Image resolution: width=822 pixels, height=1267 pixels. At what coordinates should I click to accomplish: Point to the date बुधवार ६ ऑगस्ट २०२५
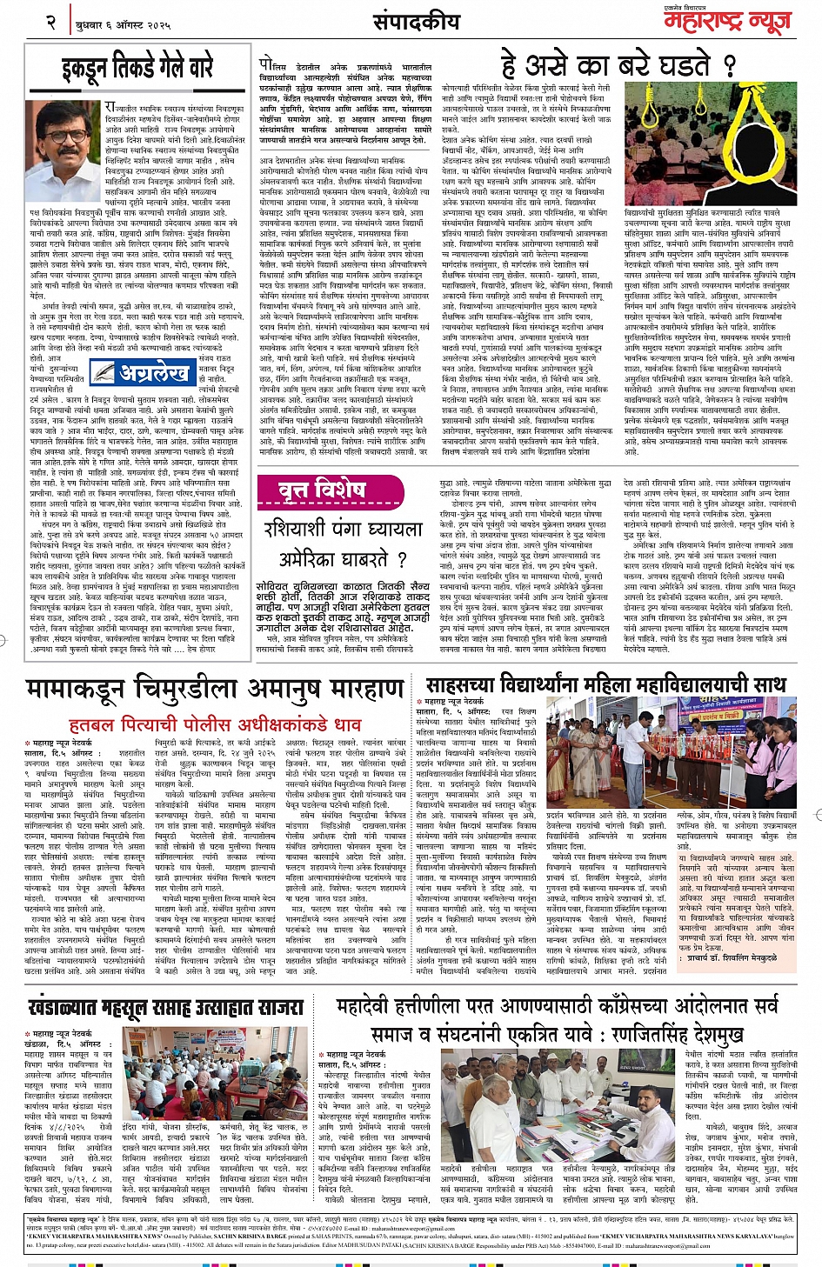[x=123, y=25]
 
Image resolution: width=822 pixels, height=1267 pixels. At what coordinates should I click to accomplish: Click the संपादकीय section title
[x=416, y=22]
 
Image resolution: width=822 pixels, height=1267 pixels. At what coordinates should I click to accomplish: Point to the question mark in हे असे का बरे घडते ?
[x=729, y=65]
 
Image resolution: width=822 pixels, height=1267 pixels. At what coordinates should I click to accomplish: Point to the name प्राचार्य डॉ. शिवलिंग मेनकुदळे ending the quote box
[x=731, y=958]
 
